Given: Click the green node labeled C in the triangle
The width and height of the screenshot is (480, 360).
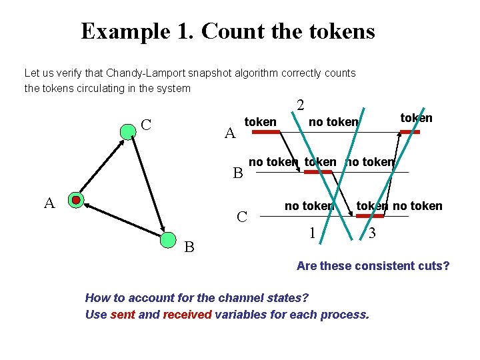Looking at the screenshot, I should click(x=128, y=131).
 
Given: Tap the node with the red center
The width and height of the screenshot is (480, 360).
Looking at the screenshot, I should click(x=77, y=200).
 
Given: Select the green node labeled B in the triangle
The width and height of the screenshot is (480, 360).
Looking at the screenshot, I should click(x=168, y=239).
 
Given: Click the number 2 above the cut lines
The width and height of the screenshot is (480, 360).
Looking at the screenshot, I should click(x=301, y=105).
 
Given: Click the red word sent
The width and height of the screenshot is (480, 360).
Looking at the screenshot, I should click(x=123, y=314).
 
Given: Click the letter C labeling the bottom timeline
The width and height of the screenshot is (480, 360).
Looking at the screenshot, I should click(x=243, y=217).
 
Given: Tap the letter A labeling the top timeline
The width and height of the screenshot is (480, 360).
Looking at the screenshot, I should click(x=230, y=133).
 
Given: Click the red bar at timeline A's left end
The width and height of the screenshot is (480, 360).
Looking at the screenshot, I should click(x=266, y=133).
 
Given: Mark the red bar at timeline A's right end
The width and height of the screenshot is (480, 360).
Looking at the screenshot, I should click(x=410, y=132).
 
